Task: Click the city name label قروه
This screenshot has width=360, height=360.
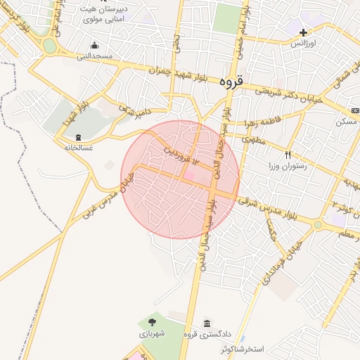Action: click(231, 82)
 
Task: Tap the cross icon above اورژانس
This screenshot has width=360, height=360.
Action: click(303, 32)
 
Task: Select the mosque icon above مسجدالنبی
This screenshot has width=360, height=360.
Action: click(94, 46)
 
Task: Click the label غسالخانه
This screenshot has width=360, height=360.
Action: click(78, 148)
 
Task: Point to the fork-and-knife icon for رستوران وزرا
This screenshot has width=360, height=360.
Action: click(287, 155)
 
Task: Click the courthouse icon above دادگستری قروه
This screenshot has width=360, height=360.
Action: click(207, 323)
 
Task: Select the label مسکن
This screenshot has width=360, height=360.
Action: click(345, 122)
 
